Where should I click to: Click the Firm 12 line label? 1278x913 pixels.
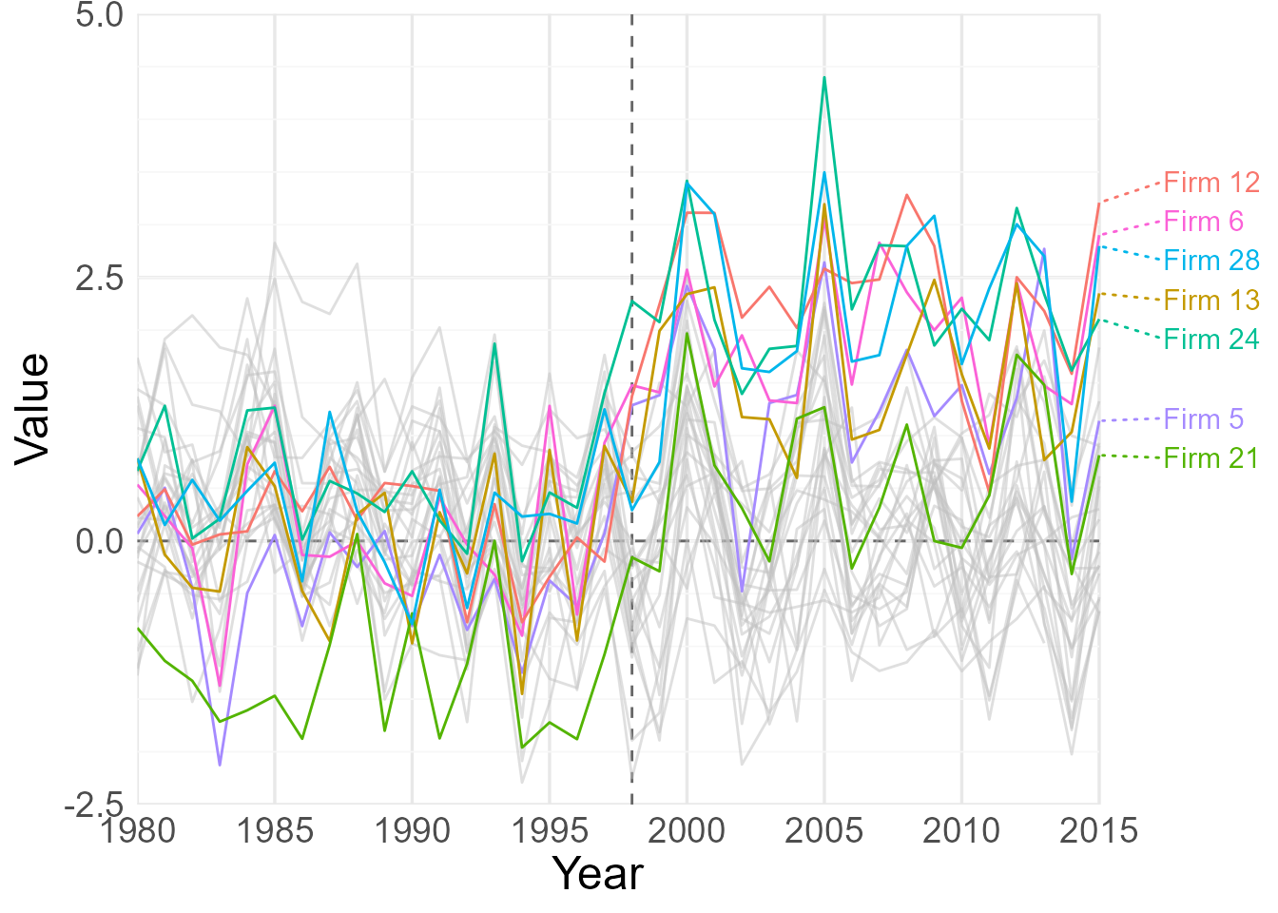(1211, 183)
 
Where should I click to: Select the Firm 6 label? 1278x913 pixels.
(1203, 222)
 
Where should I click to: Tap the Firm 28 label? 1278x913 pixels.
(1211, 261)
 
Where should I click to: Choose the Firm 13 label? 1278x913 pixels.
(1211, 301)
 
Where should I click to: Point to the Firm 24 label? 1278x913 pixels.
(1211, 340)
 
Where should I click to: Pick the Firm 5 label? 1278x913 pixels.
(1203, 419)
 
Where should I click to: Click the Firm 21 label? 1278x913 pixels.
(1211, 458)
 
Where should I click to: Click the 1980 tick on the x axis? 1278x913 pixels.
(138, 831)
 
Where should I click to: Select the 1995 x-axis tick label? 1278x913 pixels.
(550, 831)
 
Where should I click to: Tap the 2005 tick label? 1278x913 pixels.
(823, 831)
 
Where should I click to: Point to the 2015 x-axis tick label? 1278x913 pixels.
(1098, 831)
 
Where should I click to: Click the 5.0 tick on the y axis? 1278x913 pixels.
(99, 15)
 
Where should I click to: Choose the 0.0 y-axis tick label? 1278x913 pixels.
(99, 541)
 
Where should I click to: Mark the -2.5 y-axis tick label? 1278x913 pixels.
(94, 805)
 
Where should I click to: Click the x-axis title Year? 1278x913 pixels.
(598, 874)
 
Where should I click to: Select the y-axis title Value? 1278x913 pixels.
(32, 409)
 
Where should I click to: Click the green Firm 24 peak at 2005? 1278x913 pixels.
(824, 77)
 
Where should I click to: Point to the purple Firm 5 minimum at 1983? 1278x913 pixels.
(220, 765)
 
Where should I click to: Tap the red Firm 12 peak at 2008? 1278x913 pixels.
(907, 195)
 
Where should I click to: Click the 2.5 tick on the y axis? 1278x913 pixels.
(99, 279)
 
